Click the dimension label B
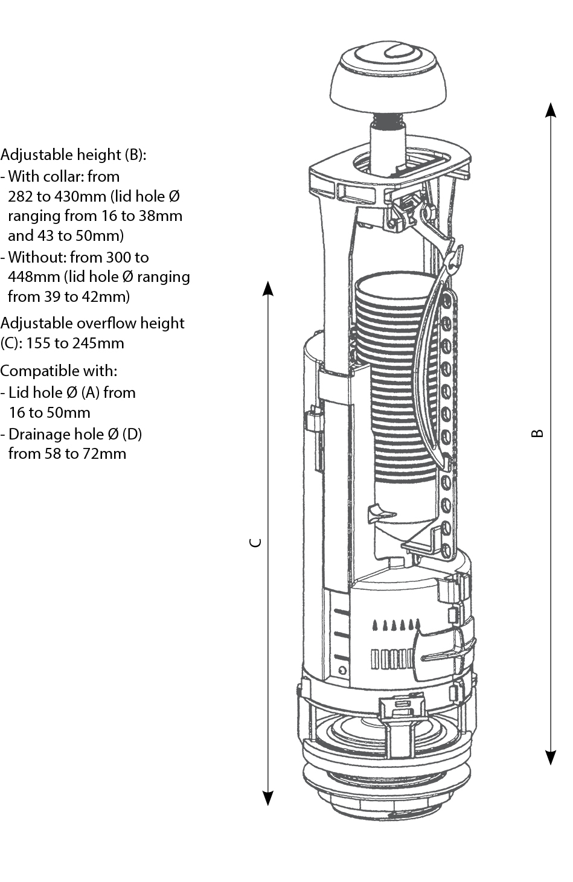[537, 433]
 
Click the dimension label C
[256, 542]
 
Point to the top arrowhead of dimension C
[268, 289]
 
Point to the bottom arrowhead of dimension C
[268, 798]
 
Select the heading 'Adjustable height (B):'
[73, 155]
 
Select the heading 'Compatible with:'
[59, 371]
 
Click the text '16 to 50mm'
[50, 413]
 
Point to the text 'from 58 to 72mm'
[67, 453]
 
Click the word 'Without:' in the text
[37, 257]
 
